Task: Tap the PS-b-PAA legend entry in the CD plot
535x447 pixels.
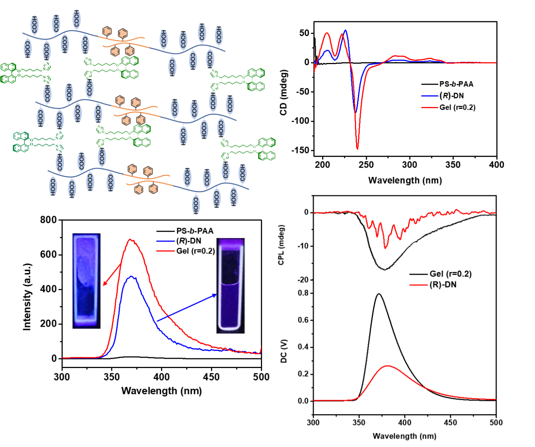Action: point(456,84)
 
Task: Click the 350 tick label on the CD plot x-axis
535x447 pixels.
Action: point(453,165)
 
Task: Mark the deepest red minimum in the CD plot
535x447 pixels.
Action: point(357,149)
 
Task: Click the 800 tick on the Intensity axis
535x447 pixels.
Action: point(48,220)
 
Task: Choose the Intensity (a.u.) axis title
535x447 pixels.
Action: point(27,297)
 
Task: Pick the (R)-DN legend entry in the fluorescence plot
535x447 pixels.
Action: point(189,241)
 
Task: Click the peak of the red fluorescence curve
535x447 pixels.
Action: point(130,240)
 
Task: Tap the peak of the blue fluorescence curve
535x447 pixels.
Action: point(131,277)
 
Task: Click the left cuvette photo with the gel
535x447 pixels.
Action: point(86,281)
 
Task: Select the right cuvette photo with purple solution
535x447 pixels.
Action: point(230,285)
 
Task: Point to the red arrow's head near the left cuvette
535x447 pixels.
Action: point(104,285)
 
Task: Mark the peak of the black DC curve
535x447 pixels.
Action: point(379,294)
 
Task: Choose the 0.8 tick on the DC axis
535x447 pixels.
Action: point(303,293)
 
